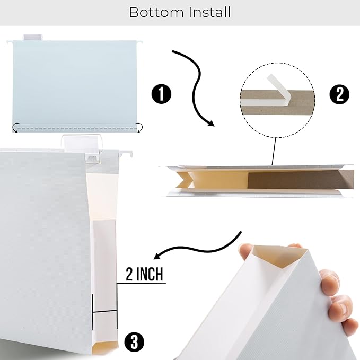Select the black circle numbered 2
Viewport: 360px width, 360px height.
339,94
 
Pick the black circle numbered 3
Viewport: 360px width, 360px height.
134,341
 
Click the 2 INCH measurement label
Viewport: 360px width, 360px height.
144,275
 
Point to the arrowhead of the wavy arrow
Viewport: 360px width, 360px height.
210,123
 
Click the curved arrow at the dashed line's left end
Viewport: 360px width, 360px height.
16,127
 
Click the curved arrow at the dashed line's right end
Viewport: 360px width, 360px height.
139,127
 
